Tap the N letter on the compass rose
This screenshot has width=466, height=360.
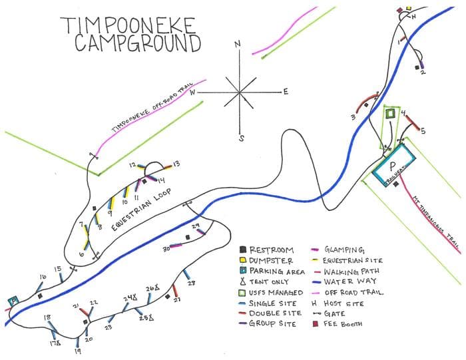point(237,45)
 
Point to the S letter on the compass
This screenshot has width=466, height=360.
point(242,138)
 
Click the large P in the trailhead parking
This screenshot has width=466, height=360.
point(393,166)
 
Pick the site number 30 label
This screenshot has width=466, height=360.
point(166,249)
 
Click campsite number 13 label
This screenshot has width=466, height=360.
point(176,163)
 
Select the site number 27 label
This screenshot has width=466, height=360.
point(178,299)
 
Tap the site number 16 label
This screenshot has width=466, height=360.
point(43,276)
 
